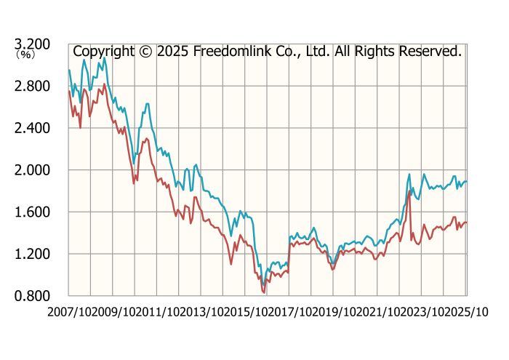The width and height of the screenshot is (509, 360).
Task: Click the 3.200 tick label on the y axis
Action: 32,44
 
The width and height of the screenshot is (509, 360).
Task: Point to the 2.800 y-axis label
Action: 32,87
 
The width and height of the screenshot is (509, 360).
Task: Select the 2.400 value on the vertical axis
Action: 32,128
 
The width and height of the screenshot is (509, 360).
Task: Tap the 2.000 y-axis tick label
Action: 32,170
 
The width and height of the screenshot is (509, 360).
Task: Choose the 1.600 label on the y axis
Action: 32,212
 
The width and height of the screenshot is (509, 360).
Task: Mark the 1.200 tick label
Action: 32,254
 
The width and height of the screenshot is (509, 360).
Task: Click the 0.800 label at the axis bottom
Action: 32,296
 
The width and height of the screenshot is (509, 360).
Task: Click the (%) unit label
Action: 25,55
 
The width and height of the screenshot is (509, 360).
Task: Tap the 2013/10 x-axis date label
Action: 201,312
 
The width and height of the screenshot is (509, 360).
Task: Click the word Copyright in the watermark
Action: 103,52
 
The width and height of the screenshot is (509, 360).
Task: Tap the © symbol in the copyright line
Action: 145,52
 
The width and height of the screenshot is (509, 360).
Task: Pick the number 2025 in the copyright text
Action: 173,52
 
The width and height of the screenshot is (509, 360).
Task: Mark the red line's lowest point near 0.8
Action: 264,292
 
